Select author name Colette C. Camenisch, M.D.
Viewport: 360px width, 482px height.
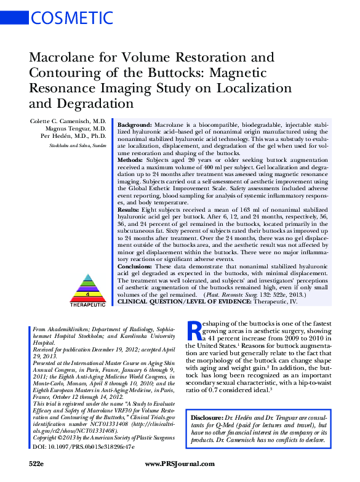click(x=68, y=121)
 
